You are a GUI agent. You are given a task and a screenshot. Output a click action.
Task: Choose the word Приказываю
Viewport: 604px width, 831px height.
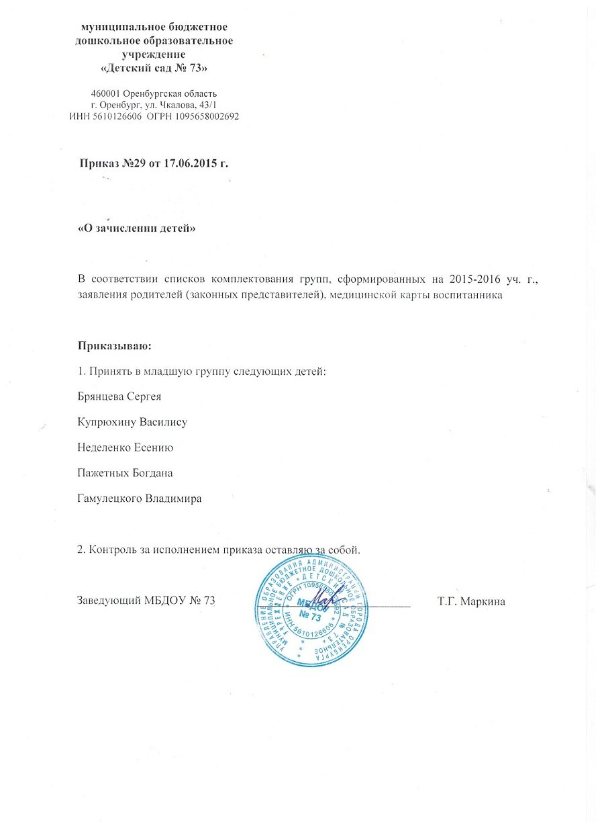pyautogui.click(x=115, y=347)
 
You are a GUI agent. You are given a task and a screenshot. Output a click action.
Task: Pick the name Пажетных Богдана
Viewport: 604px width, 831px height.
pyautogui.click(x=125, y=473)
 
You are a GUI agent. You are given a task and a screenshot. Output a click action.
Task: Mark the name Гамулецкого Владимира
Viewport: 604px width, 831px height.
pyautogui.click(x=140, y=499)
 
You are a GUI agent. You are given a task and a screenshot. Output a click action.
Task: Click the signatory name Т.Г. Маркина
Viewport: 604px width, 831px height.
pyautogui.click(x=471, y=601)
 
